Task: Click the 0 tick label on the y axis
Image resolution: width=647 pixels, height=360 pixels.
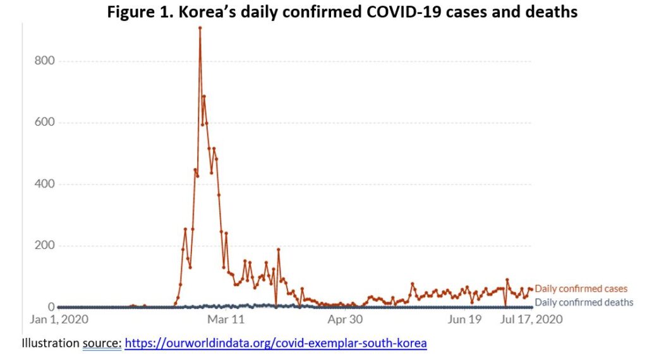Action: coord(52,307)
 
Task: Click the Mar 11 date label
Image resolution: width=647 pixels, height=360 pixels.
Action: coord(226,320)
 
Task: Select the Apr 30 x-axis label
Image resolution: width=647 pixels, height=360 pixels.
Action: coord(345,320)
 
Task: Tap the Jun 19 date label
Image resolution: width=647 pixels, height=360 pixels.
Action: coord(464,320)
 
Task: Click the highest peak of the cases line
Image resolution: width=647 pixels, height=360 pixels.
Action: coord(200,28)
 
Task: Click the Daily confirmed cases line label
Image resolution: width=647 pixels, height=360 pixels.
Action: coord(581,289)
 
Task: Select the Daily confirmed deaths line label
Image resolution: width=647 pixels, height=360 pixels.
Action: coord(584,303)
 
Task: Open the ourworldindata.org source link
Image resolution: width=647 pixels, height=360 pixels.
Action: coord(275,344)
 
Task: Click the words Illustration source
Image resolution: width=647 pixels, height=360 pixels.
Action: coord(71,344)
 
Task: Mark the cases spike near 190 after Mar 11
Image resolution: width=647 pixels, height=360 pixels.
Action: coord(278,249)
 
